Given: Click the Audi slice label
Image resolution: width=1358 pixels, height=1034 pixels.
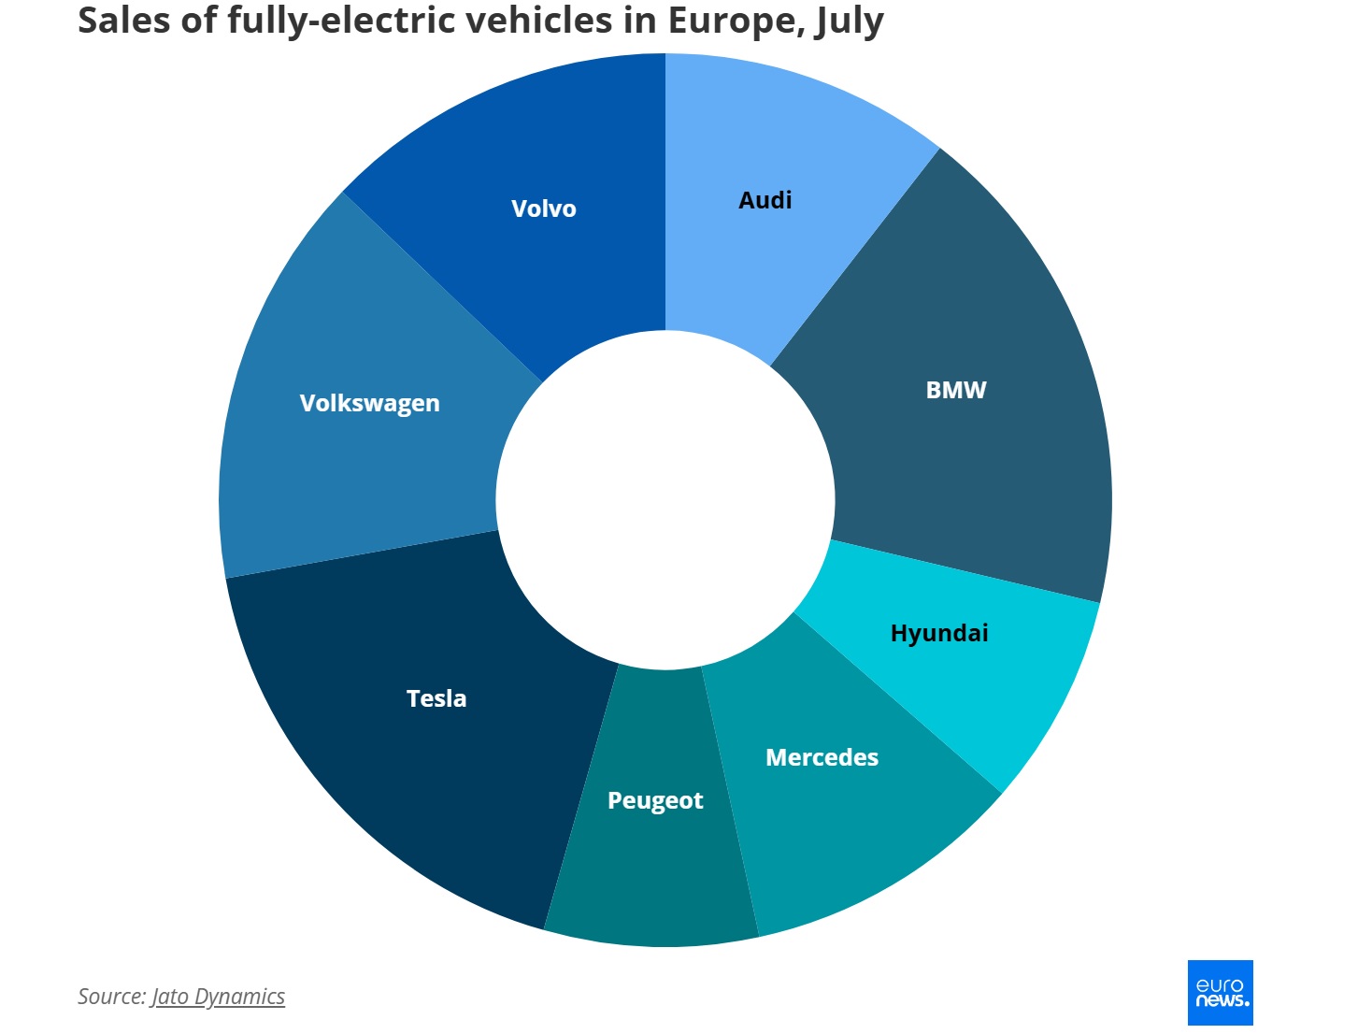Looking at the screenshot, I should coord(765,200).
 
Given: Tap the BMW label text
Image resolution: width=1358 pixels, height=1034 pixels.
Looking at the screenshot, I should coord(955,390).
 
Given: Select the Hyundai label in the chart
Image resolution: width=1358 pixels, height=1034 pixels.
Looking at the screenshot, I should coord(938,633).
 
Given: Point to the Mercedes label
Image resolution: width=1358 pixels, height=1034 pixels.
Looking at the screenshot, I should coord(822,757).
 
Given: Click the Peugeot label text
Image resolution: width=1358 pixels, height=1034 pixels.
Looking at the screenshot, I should coord(654,800).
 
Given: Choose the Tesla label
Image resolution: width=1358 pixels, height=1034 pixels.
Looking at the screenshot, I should coord(436,698).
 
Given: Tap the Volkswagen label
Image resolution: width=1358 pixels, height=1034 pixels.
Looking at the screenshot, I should coord(369,403).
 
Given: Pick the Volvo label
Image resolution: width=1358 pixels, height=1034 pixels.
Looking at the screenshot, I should coord(543,208).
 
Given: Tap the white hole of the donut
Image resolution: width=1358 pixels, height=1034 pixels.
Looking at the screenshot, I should coord(665,500).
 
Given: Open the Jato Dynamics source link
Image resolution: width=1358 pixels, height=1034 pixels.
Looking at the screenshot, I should coord(218,997).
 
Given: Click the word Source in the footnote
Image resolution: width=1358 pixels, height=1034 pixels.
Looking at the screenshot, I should coord(111,997).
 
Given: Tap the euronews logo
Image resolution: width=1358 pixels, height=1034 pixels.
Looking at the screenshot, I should coord(1220,992).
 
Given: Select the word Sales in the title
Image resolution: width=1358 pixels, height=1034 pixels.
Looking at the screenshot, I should coord(123,20).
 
